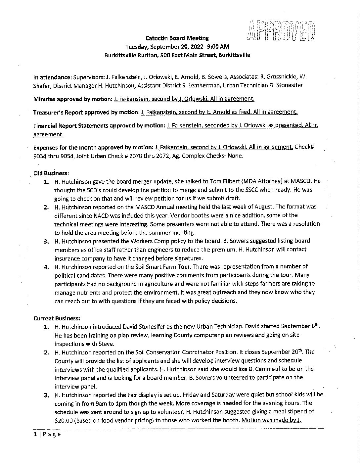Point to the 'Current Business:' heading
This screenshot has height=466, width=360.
point(57,318)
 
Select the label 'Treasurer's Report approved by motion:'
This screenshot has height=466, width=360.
point(86,112)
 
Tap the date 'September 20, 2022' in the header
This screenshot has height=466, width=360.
point(175,47)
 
